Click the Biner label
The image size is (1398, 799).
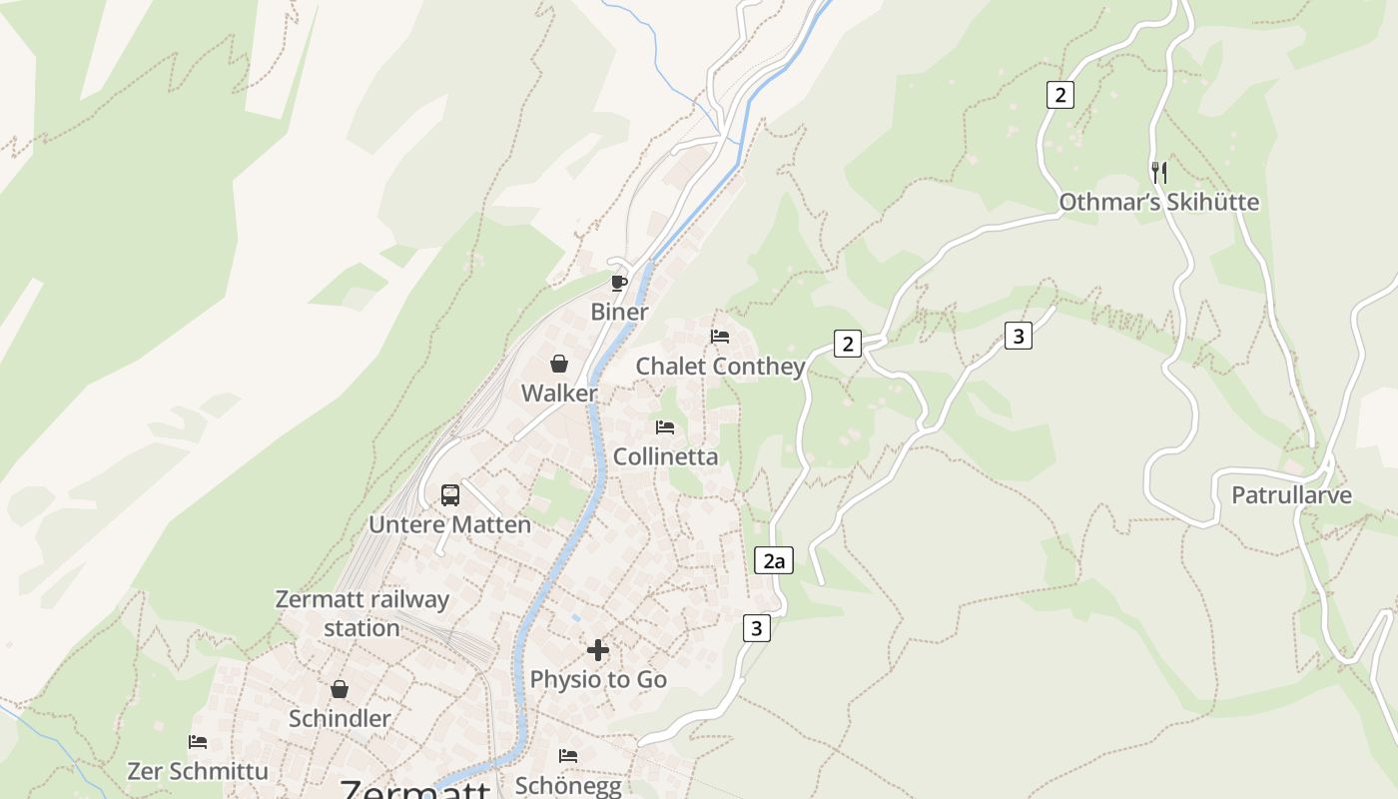[x=619, y=312]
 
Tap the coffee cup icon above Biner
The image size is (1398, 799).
[x=619, y=283]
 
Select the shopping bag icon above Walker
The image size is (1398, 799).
[x=559, y=364]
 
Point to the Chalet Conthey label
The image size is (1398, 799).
[x=720, y=367]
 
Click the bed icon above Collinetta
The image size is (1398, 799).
[x=665, y=427]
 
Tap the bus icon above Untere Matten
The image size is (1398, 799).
[x=450, y=494]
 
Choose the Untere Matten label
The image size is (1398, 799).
[x=449, y=524]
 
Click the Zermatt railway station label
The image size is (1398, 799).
[x=361, y=613]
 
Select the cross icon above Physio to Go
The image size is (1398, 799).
[x=597, y=650]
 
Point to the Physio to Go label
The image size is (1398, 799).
[x=597, y=680]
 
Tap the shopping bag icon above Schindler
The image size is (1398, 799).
[x=340, y=689]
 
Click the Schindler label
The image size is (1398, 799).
[x=340, y=718]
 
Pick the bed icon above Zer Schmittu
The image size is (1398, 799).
[x=198, y=742]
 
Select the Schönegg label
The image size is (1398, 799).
[x=567, y=785]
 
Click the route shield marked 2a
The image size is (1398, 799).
[x=773, y=560]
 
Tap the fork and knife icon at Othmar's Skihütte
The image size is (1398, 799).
[x=1158, y=172]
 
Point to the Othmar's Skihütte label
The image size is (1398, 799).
[x=1158, y=203]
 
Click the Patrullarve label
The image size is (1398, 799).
[x=1291, y=495]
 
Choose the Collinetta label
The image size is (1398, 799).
[x=665, y=456]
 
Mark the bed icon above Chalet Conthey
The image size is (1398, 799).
[x=720, y=337]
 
